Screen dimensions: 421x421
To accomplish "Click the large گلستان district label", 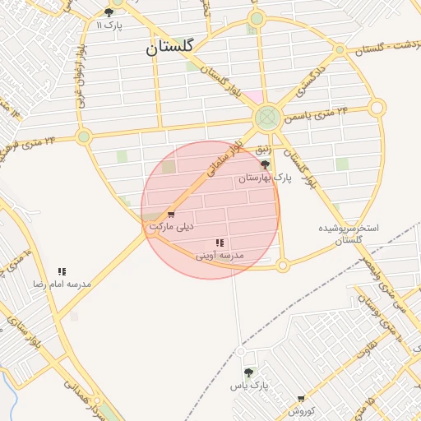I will click(x=169, y=47).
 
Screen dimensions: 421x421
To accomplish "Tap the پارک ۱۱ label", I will click(x=109, y=25).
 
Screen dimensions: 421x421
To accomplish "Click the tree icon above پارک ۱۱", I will click(x=109, y=12).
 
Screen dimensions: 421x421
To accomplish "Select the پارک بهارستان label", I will click(x=265, y=178).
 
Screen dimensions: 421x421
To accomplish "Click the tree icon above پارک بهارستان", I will click(x=265, y=165).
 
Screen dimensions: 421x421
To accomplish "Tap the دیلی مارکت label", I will click(x=171, y=225).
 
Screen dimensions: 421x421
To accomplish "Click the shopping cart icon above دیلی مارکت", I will click(x=171, y=215).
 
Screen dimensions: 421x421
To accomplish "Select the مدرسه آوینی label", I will click(x=220, y=256).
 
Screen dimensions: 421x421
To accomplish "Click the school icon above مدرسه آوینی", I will click(x=220, y=243).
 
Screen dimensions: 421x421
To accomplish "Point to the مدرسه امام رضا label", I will click(x=62, y=283).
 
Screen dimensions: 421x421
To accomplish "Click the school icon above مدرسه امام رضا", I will click(x=62, y=271).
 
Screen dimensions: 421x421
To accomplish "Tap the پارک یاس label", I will click(x=249, y=385).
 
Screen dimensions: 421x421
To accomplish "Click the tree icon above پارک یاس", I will click(x=248, y=372).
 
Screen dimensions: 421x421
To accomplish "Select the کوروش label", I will click(x=301, y=409).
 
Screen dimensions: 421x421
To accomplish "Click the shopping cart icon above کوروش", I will click(x=301, y=399).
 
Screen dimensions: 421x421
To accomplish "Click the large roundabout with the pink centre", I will click(x=266, y=118).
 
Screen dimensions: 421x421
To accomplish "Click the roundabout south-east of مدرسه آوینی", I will click(x=282, y=266).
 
